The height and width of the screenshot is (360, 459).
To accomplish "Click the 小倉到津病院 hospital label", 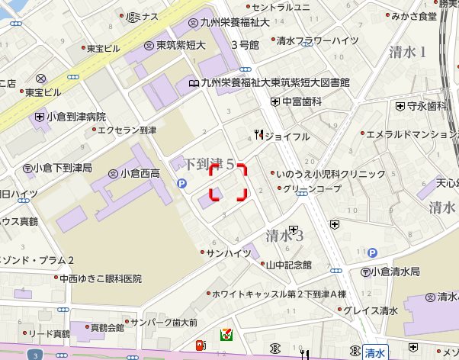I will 75,117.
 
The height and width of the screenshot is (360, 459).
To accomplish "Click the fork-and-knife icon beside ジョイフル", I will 259,136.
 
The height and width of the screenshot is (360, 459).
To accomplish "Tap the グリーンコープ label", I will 312,188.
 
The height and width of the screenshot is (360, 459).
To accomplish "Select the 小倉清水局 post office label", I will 395,271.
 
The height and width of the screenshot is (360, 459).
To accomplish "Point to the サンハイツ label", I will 228,252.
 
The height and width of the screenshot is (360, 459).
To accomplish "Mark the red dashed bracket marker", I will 230,182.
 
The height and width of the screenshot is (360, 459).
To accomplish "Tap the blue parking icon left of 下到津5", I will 182,183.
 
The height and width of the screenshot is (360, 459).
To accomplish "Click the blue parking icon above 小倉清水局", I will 371,252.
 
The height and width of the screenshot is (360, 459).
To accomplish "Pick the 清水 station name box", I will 374,352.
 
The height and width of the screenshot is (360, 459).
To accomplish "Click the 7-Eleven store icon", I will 227,334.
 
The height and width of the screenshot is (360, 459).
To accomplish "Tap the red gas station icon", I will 201,346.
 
